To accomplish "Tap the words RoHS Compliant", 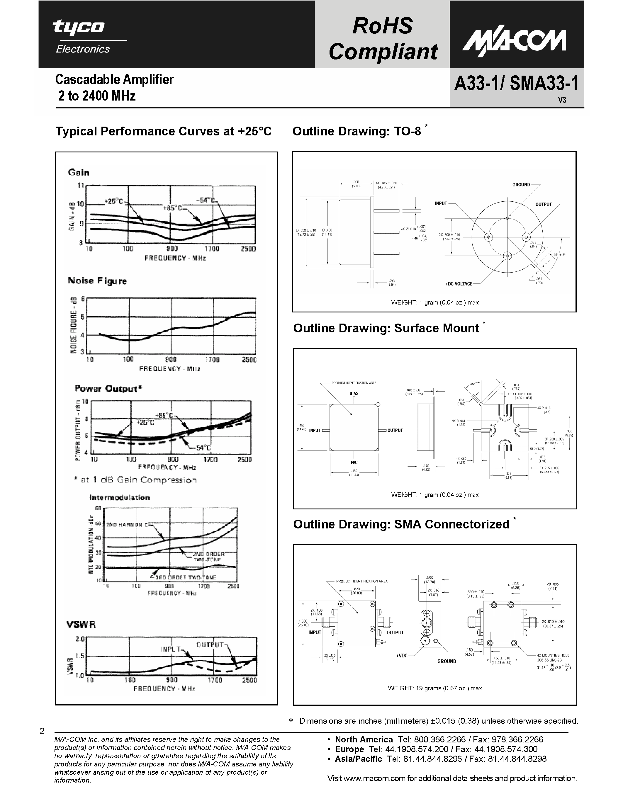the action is (383, 39).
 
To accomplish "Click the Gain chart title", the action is (79, 173).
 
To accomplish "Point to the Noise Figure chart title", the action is (97, 281).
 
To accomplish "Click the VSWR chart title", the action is (81, 624).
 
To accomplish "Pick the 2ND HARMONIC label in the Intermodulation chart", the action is (127, 525).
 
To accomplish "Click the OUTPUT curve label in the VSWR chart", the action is (210, 645).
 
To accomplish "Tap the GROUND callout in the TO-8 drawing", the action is (521, 185).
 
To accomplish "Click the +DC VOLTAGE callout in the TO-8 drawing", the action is (459, 284).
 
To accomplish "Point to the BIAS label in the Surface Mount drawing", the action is (354, 393).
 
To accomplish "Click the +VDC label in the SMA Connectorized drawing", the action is (402, 655).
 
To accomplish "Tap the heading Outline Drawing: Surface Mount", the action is (386, 328).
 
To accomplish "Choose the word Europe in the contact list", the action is (349, 749).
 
